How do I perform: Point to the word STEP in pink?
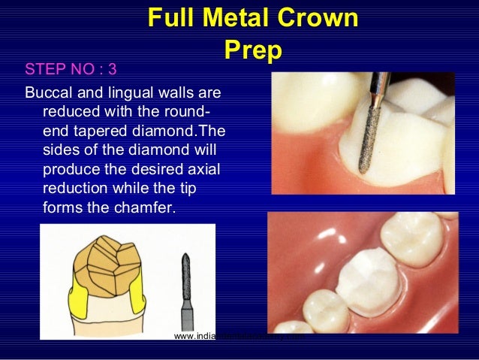(x=44, y=70)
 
